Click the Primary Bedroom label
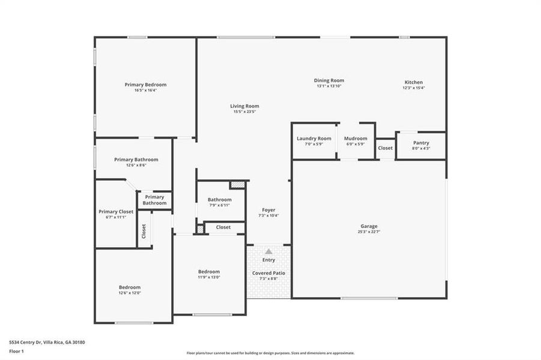(x=145, y=85)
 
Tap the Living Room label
(x=244, y=106)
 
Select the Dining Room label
(x=329, y=80)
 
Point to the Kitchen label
(x=413, y=82)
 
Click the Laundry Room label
(x=313, y=139)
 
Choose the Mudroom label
(x=355, y=139)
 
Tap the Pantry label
(x=421, y=143)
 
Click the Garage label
(x=369, y=226)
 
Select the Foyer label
(x=268, y=210)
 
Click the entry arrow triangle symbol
(x=268, y=251)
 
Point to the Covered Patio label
(x=268, y=273)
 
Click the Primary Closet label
(x=116, y=212)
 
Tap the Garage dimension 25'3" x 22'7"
(x=369, y=232)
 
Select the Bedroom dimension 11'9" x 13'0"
(x=209, y=277)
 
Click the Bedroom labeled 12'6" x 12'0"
(x=129, y=287)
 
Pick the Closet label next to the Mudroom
(x=385, y=148)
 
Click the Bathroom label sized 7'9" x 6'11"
(x=220, y=200)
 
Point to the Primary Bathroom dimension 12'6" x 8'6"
(x=136, y=165)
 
